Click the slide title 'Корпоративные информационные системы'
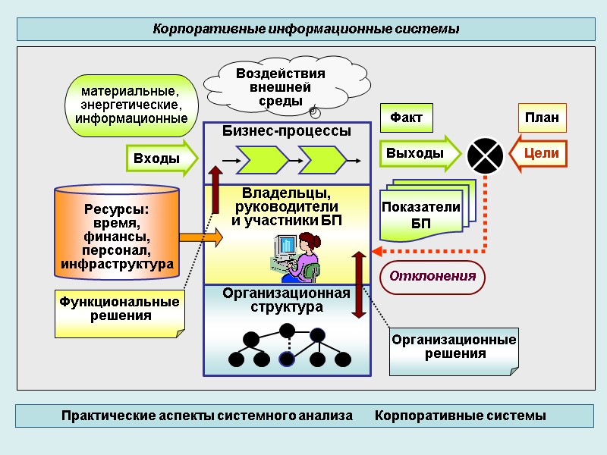[x=306, y=30]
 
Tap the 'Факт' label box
[x=406, y=118]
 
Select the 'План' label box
[x=542, y=118]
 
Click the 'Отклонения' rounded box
[x=432, y=276]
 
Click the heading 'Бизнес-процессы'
[x=286, y=131]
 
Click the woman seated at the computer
[x=305, y=255]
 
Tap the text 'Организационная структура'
[x=286, y=300]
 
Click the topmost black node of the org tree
[x=287, y=331]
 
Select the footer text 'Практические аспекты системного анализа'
[x=207, y=416]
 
